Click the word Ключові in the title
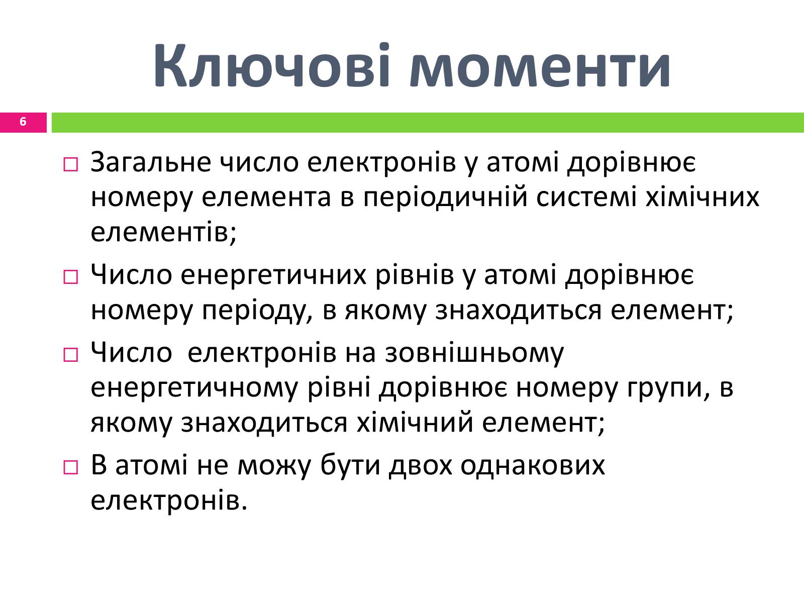click(272, 66)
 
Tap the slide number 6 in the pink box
click(23, 122)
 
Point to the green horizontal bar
click(428, 123)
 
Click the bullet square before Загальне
click(71, 165)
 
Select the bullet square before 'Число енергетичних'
click(71, 277)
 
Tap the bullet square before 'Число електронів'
click(71, 355)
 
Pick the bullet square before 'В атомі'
click(71, 467)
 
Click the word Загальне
click(151, 162)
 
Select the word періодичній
click(445, 197)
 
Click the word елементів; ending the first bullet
click(163, 233)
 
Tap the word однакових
click(533, 465)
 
